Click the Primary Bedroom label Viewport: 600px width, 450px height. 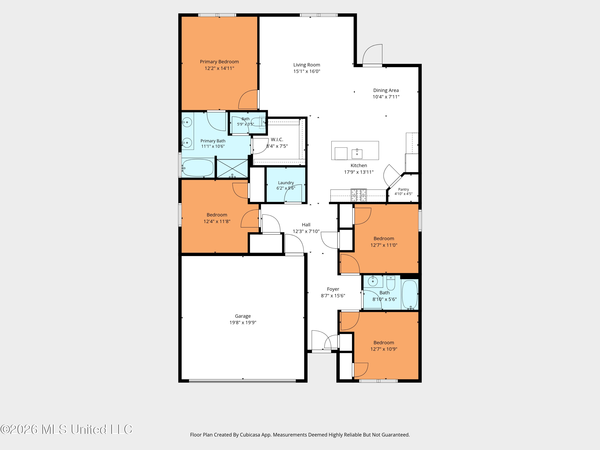(219, 62)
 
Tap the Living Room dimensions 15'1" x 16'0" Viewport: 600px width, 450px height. (307, 71)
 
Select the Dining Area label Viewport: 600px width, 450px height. (386, 90)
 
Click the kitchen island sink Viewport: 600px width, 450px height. (357, 154)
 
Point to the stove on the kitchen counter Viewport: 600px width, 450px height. (359, 195)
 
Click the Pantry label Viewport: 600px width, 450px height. (404, 189)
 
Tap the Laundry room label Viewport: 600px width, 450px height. (286, 183)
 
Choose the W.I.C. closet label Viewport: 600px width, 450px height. (277, 139)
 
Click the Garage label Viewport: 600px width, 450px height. (243, 316)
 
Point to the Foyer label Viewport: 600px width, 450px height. (333, 289)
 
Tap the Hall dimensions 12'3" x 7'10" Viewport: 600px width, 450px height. (306, 231)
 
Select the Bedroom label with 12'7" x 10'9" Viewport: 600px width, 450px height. (384, 343)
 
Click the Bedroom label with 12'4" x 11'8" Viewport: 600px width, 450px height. (217, 215)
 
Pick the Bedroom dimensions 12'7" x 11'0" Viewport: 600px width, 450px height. (384, 245)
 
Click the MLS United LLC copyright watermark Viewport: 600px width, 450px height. (66, 429)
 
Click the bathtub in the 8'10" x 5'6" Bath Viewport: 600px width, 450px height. (410, 295)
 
